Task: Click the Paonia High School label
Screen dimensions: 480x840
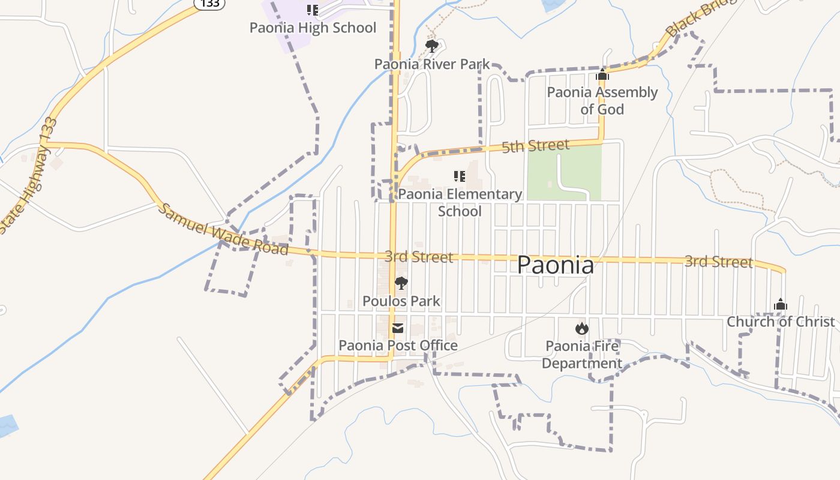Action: point(313,28)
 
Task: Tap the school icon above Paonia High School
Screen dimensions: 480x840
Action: point(312,10)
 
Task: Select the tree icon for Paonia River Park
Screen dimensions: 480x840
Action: point(431,46)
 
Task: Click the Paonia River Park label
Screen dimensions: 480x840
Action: point(432,64)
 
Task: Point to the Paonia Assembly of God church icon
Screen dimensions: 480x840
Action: point(602,75)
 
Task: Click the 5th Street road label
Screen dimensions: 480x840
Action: point(535,146)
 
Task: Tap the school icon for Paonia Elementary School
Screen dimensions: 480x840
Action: point(460,176)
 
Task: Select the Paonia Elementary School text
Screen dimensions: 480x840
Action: point(460,202)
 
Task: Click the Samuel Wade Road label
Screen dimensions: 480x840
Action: point(223,229)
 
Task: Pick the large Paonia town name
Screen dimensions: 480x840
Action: point(556,265)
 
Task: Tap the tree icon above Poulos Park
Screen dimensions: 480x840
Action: point(401,283)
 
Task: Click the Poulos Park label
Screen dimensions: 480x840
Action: point(401,301)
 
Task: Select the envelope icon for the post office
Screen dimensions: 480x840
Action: point(398,328)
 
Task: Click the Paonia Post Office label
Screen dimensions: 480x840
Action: point(398,346)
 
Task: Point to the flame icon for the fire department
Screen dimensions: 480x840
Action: point(581,328)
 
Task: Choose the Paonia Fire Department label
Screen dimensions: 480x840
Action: point(582,355)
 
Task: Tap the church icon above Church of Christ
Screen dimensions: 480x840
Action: point(781,304)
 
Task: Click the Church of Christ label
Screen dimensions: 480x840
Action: point(781,322)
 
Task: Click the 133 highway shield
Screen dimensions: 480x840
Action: point(209,4)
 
